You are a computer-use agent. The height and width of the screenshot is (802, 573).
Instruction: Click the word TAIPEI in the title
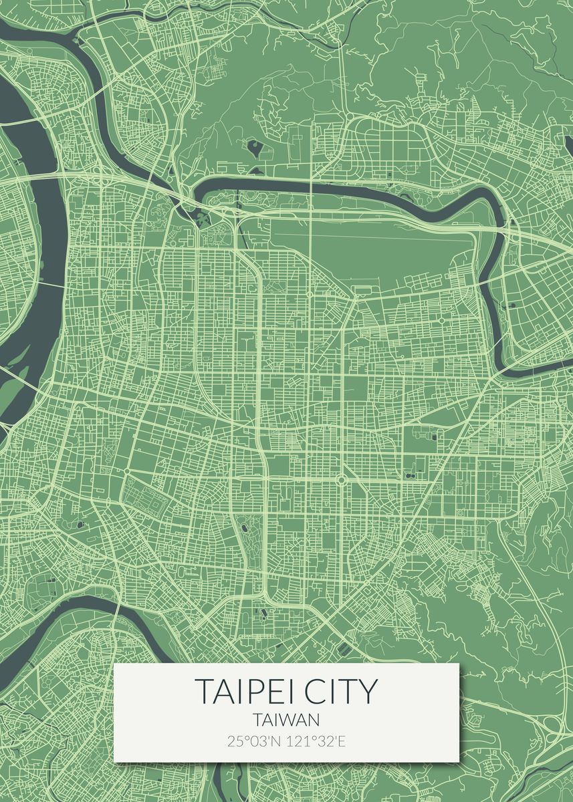point(247,691)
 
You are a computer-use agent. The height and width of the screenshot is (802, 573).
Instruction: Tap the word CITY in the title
point(341,691)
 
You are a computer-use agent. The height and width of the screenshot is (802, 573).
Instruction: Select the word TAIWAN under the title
point(286,720)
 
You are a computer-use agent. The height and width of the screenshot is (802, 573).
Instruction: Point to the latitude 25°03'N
point(253,741)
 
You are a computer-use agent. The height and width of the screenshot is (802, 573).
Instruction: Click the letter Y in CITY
point(368,691)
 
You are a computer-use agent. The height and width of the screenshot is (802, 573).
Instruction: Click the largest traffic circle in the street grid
point(340,479)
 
